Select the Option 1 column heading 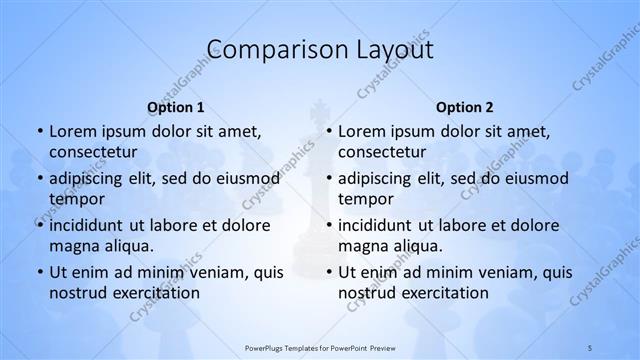tap(176, 106)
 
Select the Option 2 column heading tap(465, 106)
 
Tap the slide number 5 tap(590, 346)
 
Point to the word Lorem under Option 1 tap(72, 131)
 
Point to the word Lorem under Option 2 tap(361, 131)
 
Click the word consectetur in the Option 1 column tap(92, 151)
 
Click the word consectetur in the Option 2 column tap(381, 151)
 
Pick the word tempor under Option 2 tap(366, 198)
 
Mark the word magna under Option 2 tap(362, 245)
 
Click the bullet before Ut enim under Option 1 tap(38, 272)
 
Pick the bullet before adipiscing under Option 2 tap(327, 179)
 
